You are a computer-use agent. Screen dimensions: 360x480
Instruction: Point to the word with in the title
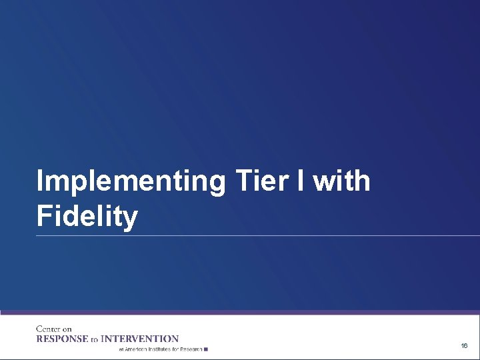(x=342, y=181)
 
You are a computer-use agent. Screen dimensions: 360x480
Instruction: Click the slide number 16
(x=464, y=346)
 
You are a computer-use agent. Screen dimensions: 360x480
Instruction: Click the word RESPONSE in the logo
(x=62, y=339)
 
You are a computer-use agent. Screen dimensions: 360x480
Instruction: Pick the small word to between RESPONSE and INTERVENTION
(x=94, y=339)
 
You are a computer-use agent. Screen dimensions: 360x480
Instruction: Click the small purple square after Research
(x=207, y=349)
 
